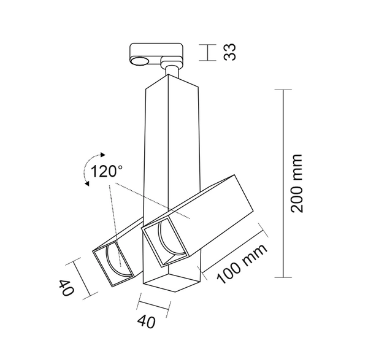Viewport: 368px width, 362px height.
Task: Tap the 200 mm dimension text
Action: click(297, 182)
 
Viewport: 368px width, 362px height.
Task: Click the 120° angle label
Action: click(107, 171)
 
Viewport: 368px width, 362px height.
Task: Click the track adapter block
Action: click(156, 53)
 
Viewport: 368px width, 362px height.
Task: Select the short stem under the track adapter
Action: click(172, 71)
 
